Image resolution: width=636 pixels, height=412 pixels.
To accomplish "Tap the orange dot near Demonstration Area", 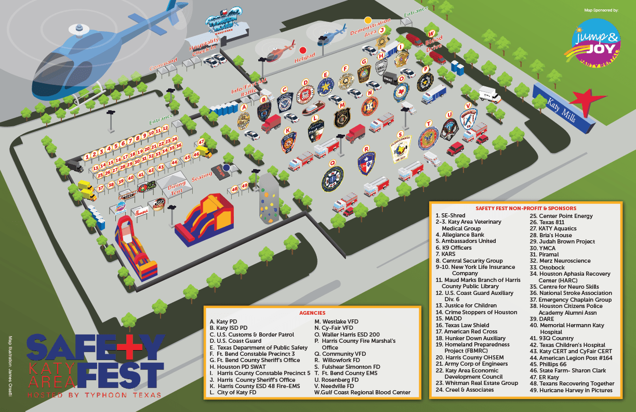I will tap(368, 20).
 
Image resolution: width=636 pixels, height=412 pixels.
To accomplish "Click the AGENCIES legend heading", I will tap(312, 313).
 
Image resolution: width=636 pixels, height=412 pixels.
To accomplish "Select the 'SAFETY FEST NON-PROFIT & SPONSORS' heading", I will tap(525, 209).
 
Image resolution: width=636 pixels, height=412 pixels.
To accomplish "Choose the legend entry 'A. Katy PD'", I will tap(223, 321).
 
